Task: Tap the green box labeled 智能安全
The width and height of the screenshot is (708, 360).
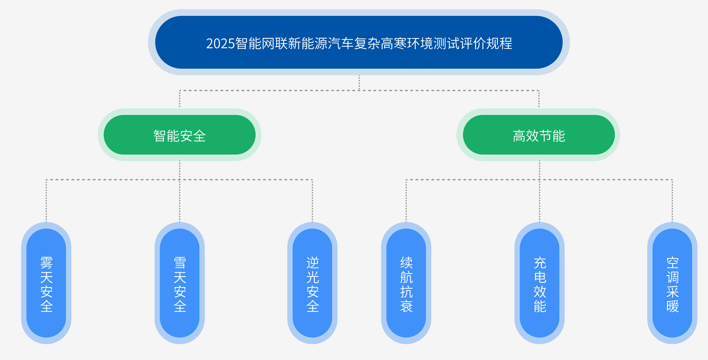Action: click(179, 135)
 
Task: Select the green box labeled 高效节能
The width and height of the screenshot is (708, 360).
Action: click(539, 135)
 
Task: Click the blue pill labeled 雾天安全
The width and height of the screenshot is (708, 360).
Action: click(46, 283)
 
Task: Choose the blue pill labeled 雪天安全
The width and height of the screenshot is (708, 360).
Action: click(180, 283)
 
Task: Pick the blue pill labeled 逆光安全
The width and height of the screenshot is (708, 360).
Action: click(312, 283)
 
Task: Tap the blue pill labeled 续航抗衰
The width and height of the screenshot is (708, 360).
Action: click(406, 283)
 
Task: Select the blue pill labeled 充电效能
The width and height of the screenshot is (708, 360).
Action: click(540, 283)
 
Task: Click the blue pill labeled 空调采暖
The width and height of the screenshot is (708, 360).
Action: click(672, 283)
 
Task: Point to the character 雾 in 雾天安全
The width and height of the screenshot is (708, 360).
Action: click(46, 263)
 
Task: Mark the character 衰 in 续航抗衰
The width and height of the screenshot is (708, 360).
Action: click(406, 306)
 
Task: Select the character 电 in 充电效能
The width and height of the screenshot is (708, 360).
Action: click(540, 277)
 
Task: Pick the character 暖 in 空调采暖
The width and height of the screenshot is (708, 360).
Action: click(673, 306)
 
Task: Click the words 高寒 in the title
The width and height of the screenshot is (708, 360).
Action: click(394, 44)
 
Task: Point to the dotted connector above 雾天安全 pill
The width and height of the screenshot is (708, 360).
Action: click(46, 201)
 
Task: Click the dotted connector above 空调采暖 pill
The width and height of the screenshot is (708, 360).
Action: click(672, 201)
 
